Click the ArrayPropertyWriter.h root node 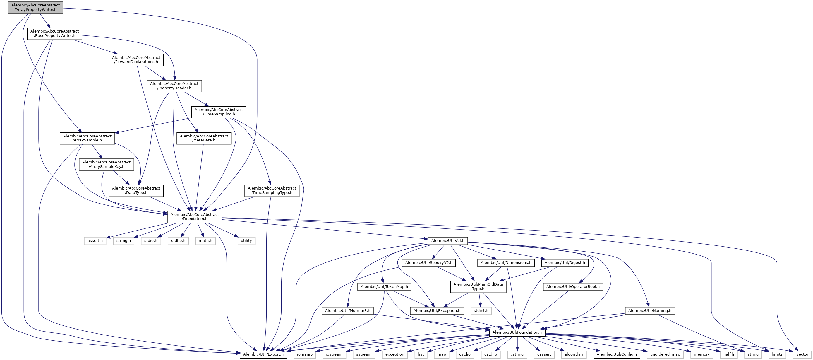point(35,7)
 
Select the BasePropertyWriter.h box point(54,33)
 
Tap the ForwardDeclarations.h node point(136,60)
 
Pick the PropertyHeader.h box point(174,86)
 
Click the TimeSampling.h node point(219,112)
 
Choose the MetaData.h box point(204,138)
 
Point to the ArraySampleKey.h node point(106,165)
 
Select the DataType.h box point(136,190)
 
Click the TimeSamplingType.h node point(272,190)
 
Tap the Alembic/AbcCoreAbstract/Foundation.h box point(195,217)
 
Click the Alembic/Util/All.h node point(447,240)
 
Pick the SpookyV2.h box point(428,263)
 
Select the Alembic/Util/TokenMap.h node point(384,287)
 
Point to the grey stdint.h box point(481,311)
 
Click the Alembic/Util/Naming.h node point(649,311)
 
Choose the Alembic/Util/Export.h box point(263,354)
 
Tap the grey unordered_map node point(665,354)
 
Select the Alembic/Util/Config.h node point(616,354)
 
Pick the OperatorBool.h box point(573,287)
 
